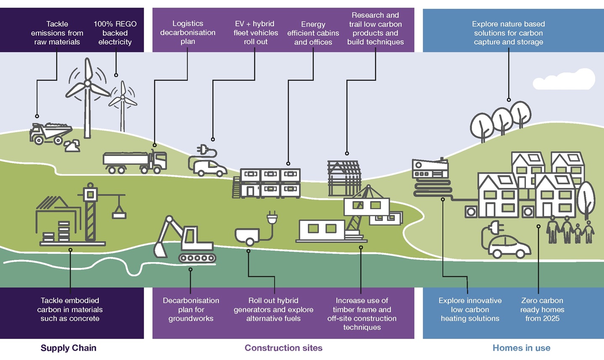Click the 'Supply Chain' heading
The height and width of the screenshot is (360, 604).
tap(68, 348)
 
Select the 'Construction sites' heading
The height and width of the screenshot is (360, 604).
tap(284, 348)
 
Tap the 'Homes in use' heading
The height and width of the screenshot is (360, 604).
tap(521, 348)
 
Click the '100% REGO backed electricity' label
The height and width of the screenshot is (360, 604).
tap(115, 33)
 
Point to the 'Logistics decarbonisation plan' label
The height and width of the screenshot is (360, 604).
tap(188, 32)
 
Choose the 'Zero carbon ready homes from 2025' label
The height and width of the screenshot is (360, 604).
tap(542, 310)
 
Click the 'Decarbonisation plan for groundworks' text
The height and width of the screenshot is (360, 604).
tap(191, 310)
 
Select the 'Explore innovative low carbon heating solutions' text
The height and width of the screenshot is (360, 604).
tap(470, 310)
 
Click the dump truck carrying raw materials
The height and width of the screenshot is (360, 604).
tap(50, 133)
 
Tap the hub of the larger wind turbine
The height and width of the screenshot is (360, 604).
tap(87, 84)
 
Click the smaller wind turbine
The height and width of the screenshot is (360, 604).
tap(123, 103)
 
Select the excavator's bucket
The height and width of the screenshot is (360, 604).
tap(160, 249)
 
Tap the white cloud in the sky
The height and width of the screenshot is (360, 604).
tap(569, 80)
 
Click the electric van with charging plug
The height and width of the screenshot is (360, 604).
tap(209, 167)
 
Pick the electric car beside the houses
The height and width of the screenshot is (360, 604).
tap(509, 246)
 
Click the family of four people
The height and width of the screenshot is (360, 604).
tap(570, 230)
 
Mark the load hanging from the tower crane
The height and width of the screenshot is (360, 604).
tap(119, 213)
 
